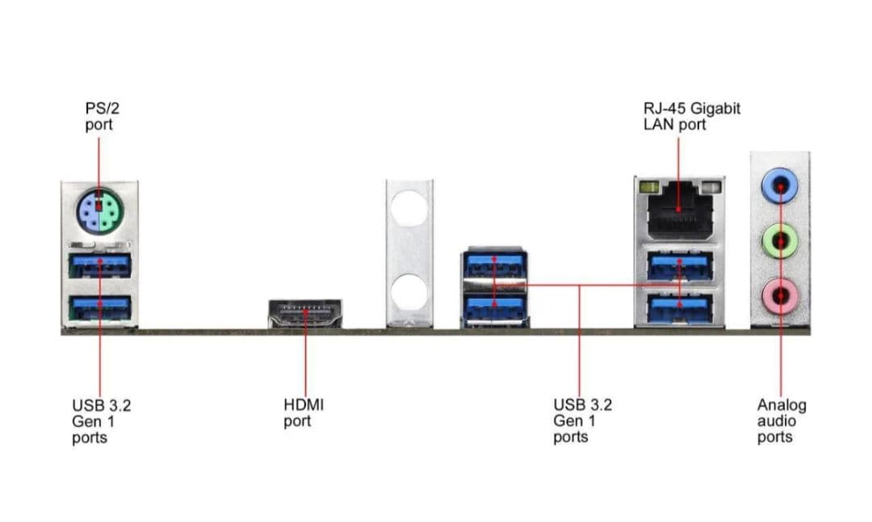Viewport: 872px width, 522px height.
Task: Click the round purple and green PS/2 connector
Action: (x=99, y=212)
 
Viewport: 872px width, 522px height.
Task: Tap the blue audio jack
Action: (x=780, y=186)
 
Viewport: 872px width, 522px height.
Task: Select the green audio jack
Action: (x=780, y=241)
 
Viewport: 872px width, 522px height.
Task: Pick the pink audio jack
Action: (x=780, y=294)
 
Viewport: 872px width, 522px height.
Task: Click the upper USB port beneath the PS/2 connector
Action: (x=100, y=265)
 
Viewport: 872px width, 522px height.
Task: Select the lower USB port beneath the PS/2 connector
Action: (x=100, y=307)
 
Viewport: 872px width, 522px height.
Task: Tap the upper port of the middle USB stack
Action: (x=494, y=264)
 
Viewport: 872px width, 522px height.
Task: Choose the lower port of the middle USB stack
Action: (x=494, y=308)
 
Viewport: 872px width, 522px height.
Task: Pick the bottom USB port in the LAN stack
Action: (x=680, y=307)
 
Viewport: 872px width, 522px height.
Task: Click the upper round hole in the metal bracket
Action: (x=409, y=208)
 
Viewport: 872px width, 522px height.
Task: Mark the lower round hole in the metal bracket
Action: (x=409, y=293)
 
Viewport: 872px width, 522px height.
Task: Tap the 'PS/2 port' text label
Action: (x=103, y=116)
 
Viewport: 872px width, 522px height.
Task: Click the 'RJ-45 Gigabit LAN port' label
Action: (x=692, y=116)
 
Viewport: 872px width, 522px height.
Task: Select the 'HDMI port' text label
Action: (x=304, y=412)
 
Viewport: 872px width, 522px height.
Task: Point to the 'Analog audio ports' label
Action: (x=782, y=421)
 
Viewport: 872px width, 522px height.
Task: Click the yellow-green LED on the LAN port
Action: (x=647, y=187)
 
